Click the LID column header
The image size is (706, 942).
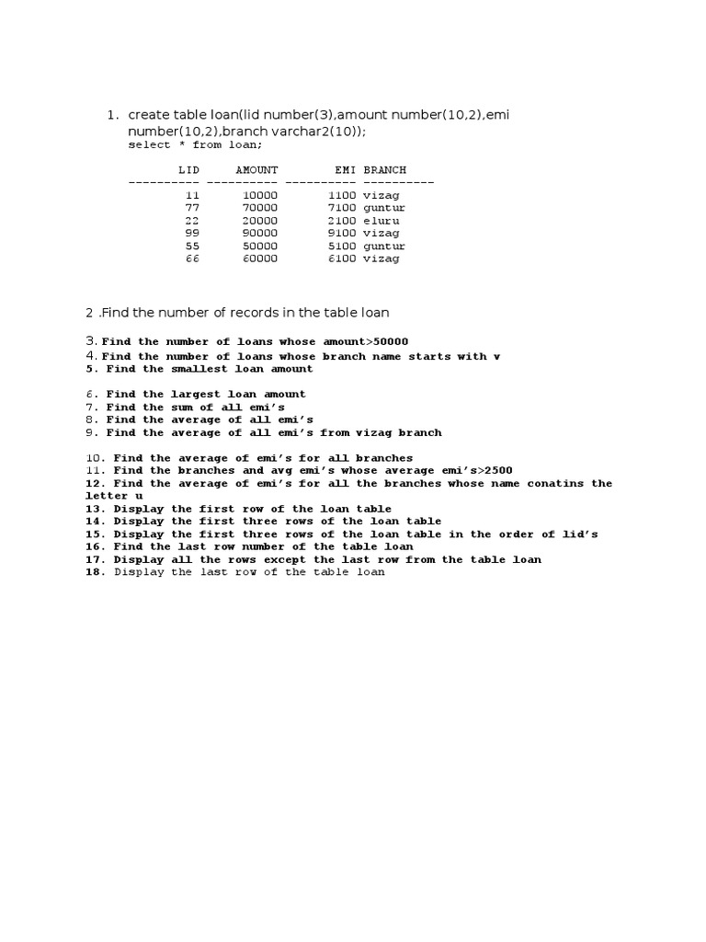[188, 170]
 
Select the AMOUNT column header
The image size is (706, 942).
[256, 170]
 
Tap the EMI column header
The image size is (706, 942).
[346, 170]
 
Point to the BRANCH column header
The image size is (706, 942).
[384, 170]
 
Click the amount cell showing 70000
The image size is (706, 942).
[259, 208]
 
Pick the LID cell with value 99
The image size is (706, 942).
[192, 234]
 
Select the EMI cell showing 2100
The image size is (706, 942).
[342, 221]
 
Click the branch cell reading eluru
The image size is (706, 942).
[381, 221]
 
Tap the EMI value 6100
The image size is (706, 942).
[342, 259]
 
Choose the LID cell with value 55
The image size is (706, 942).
[192, 247]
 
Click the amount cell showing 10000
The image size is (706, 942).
[259, 195]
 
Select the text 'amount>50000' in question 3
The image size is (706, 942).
[365, 342]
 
